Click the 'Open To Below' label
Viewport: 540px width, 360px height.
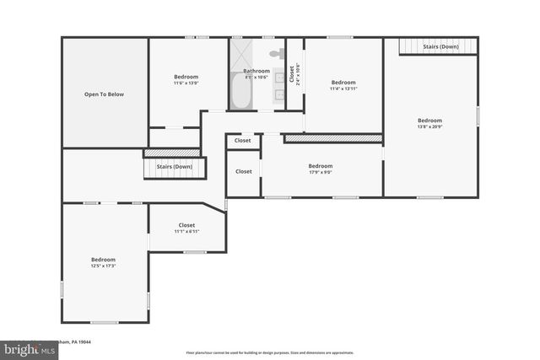click(104, 94)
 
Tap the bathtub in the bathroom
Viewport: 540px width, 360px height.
click(239, 92)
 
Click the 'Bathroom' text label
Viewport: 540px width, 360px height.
click(256, 71)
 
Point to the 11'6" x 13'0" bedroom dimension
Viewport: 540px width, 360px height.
click(186, 83)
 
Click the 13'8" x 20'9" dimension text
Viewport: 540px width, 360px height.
click(429, 127)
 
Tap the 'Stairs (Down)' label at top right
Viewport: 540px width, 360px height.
click(440, 46)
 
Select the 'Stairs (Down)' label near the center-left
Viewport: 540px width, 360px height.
click(174, 167)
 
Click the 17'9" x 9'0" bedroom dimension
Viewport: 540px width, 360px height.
click(321, 173)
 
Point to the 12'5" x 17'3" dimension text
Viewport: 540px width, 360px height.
click(103, 266)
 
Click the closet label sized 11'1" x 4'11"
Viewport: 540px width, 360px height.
click(186, 232)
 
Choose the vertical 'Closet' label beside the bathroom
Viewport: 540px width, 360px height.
click(293, 74)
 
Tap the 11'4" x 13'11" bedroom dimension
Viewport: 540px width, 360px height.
click(343, 89)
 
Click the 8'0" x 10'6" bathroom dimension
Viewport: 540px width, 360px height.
click(256, 78)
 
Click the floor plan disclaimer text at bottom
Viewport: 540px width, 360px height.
click(270, 352)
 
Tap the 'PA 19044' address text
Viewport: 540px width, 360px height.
click(81, 342)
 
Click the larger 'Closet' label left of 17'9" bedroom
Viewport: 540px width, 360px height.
click(243, 171)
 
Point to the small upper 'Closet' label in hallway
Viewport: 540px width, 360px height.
click(243, 142)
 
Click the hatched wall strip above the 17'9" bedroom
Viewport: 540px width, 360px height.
click(333, 138)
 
